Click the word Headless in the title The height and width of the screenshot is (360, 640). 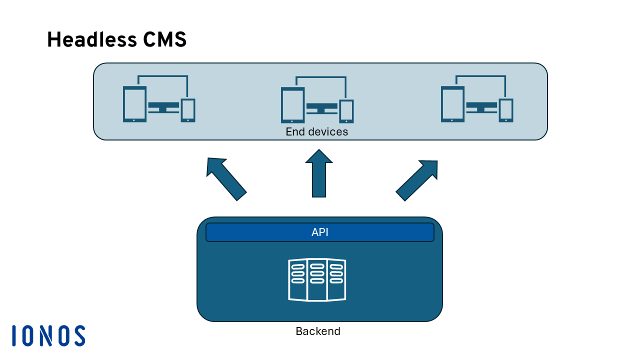tap(92, 39)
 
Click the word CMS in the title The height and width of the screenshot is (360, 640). tap(165, 39)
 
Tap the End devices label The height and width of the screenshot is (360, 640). tap(317, 131)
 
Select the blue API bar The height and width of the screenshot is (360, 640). tap(319, 232)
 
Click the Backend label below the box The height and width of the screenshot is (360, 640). tap(318, 331)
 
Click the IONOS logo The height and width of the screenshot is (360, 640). tap(48, 335)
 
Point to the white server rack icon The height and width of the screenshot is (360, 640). tap(317, 279)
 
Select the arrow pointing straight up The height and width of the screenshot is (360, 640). tap(319, 173)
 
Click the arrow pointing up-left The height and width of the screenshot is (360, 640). tap(226, 179)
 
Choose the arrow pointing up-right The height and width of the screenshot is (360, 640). tap(416, 180)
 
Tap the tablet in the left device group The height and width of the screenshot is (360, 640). tap(134, 104)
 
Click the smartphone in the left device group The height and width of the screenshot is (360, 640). tap(188, 110)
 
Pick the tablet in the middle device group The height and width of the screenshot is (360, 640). tap(293, 105)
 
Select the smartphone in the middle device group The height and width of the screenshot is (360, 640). tap(346, 111)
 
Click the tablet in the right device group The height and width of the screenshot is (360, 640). tap(452, 104)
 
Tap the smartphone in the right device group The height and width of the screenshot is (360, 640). tap(506, 110)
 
